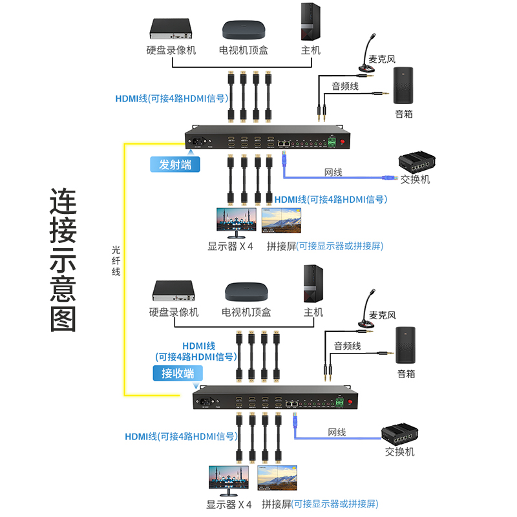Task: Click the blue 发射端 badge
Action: (175, 164)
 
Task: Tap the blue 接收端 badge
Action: (178, 373)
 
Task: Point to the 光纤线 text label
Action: (116, 259)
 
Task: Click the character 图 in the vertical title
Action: (63, 317)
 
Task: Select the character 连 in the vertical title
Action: (63, 202)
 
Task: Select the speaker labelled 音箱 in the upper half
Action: (404, 85)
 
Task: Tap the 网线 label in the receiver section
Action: (337, 432)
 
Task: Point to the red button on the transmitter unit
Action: (344, 142)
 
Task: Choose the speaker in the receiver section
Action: (406, 346)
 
